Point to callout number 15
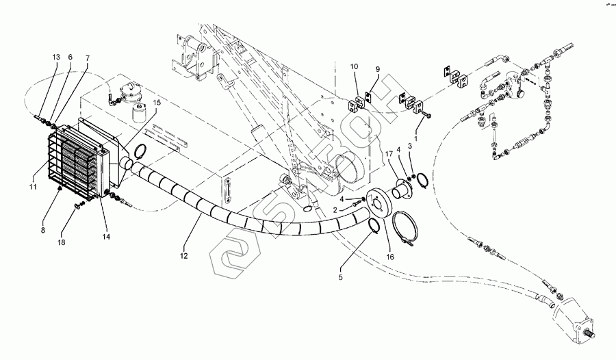click(157, 103)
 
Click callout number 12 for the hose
click(183, 255)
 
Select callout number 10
click(355, 67)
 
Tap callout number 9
click(376, 69)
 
